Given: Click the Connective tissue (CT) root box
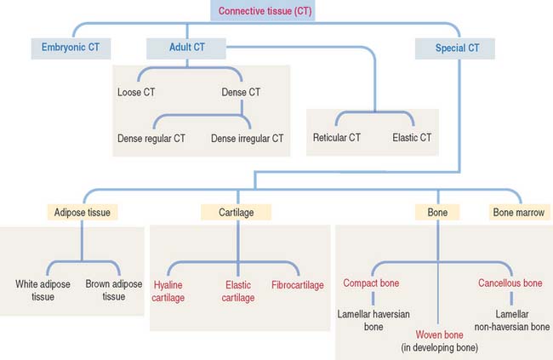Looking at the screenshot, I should pos(264,11).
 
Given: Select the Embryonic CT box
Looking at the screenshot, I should pos(70,48).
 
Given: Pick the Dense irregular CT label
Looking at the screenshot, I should pos(247,137).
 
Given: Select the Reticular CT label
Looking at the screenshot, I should pos(338,137).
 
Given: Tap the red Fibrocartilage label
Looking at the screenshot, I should pos(298,284).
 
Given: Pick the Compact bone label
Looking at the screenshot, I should pos(372,283).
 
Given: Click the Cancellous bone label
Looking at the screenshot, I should pos(509,283).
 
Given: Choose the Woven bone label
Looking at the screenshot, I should pos(439,334).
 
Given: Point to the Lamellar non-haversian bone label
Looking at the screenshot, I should pos(509,321).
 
